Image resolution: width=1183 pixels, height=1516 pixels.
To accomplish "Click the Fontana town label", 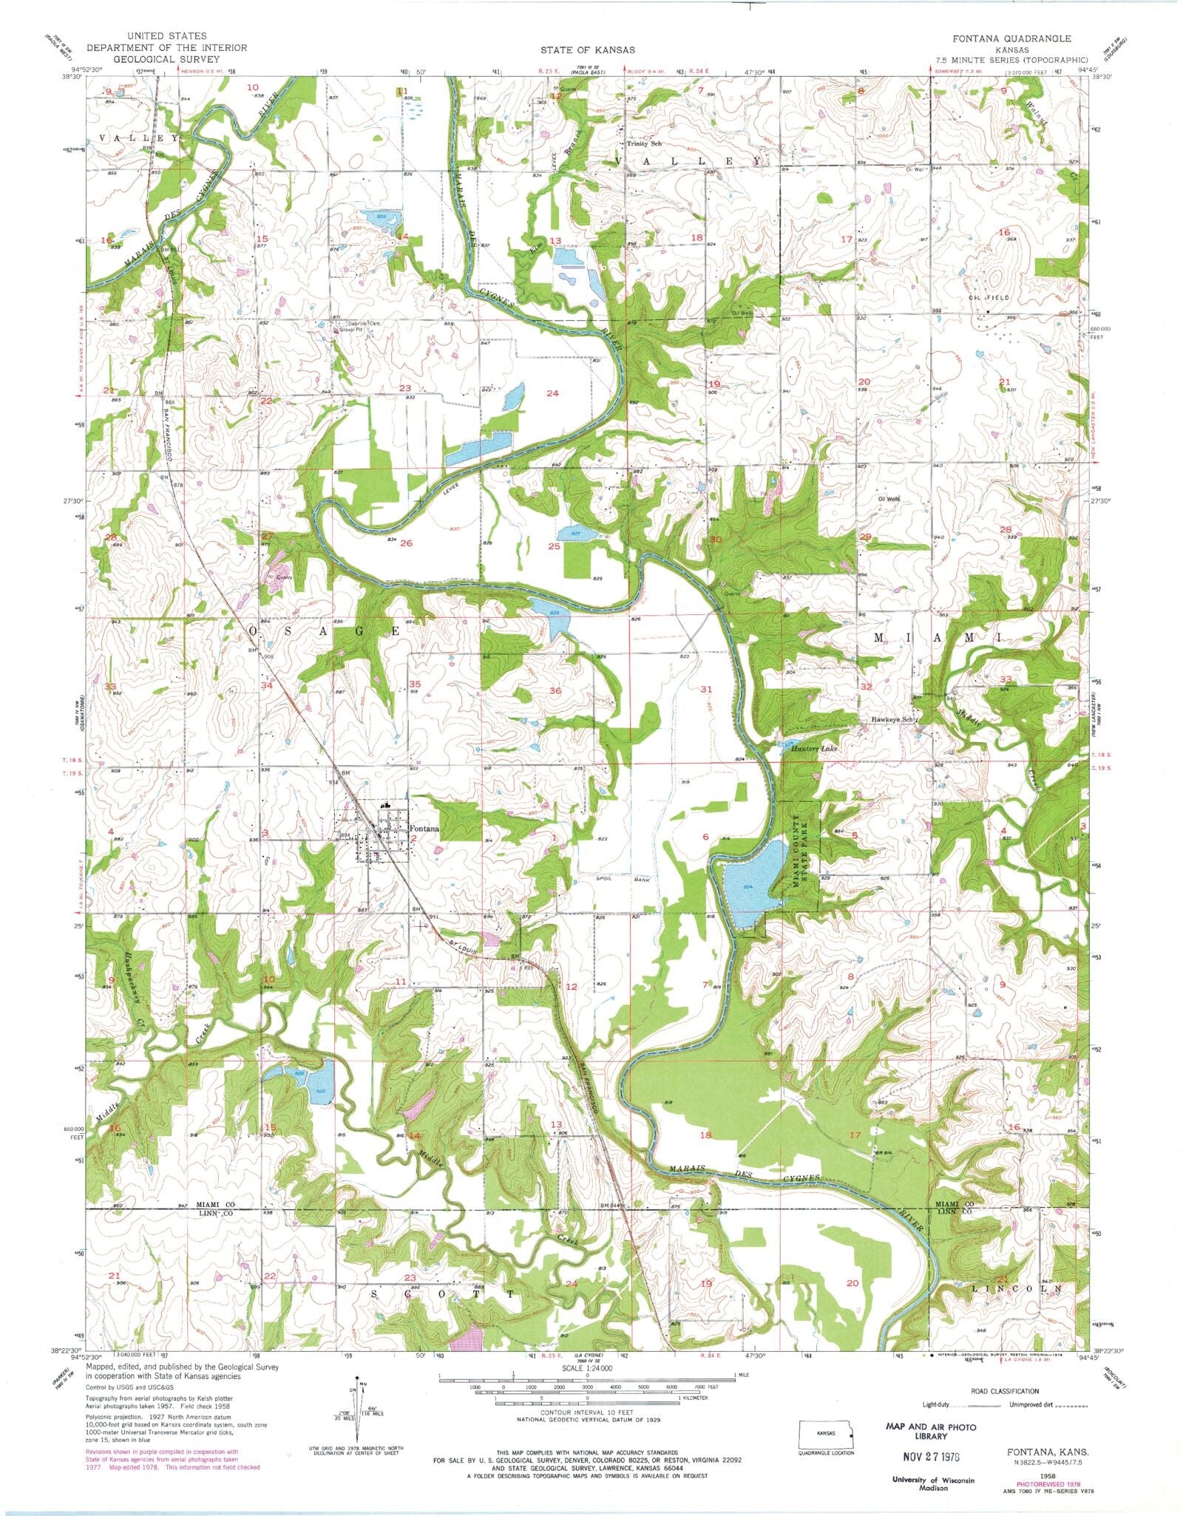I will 424,829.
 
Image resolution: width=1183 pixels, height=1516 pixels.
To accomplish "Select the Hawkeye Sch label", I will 893,719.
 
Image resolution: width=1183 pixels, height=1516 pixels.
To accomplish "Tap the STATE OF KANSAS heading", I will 587,50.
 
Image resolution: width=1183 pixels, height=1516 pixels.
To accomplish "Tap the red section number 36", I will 555,690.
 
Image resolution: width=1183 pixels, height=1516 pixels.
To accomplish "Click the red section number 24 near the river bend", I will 552,393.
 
